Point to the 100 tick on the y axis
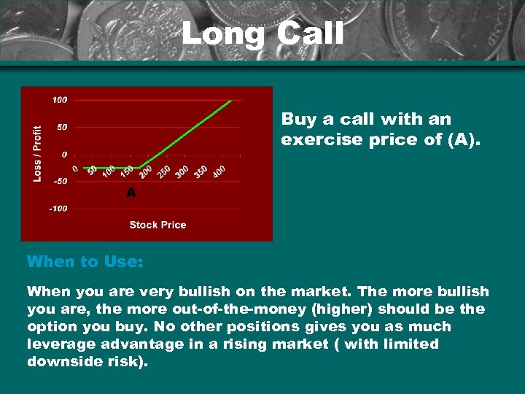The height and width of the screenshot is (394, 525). [x=59, y=100]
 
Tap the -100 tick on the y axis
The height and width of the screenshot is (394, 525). [x=58, y=209]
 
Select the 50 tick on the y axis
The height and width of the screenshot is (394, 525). [x=61, y=127]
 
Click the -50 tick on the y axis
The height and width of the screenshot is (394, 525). [x=59, y=182]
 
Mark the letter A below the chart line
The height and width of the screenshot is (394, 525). [x=131, y=193]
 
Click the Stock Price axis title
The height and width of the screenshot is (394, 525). [x=157, y=225]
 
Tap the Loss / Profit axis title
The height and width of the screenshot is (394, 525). [x=37, y=152]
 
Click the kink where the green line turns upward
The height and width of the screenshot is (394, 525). [x=139, y=168]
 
